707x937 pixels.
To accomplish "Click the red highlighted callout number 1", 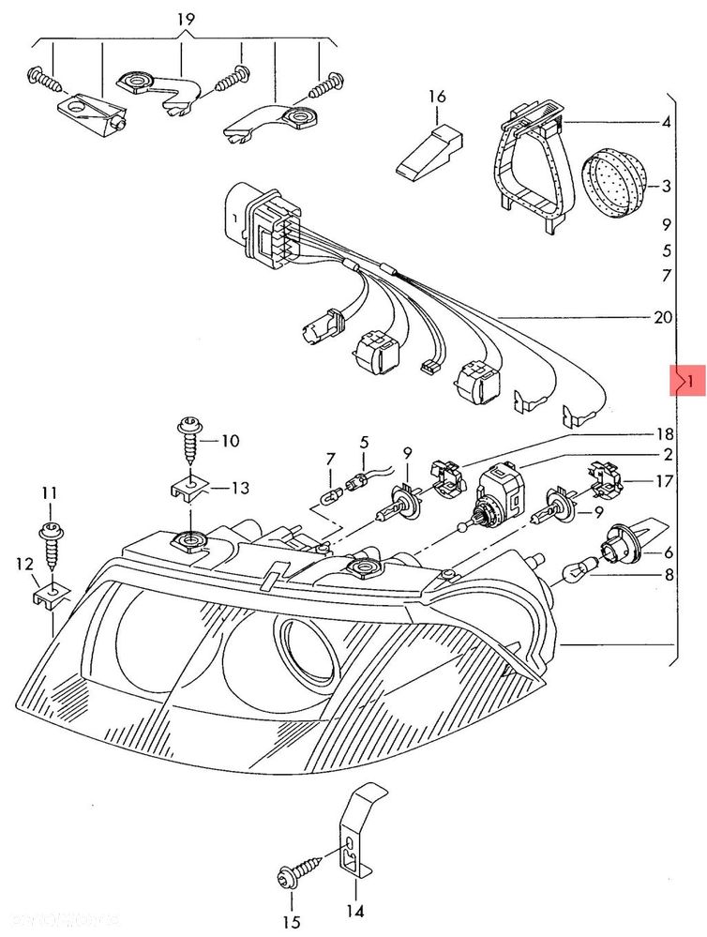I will pos(687,382).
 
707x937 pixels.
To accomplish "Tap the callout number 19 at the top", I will pos(185,18).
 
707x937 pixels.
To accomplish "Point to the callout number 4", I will pos(666,124).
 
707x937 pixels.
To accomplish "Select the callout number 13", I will pos(240,487).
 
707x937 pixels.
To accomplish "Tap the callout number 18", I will pos(666,434).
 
